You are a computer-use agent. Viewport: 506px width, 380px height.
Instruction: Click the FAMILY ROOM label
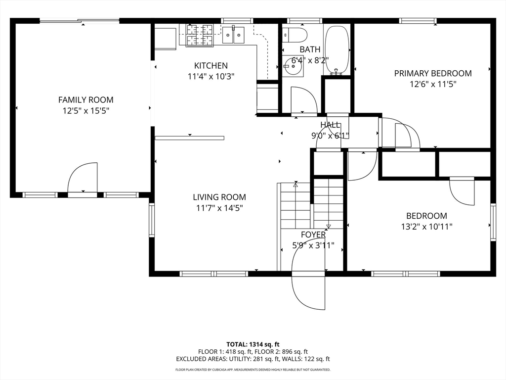(x=86, y=100)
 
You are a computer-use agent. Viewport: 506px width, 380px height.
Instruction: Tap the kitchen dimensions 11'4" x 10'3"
(x=211, y=77)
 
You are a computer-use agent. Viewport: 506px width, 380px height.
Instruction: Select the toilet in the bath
(x=295, y=35)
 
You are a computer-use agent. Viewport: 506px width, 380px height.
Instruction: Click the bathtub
(x=337, y=50)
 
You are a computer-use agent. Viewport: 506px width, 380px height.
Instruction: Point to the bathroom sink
(x=293, y=66)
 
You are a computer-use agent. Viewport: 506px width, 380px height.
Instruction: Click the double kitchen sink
(x=233, y=35)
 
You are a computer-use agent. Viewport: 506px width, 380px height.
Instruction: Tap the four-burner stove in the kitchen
(x=200, y=35)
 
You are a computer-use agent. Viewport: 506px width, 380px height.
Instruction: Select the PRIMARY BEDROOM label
(x=433, y=73)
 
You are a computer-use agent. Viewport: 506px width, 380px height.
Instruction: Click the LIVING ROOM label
(x=219, y=197)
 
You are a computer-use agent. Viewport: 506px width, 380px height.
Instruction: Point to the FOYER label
(x=313, y=235)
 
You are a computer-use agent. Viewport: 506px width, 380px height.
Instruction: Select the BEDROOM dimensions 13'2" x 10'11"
(x=426, y=227)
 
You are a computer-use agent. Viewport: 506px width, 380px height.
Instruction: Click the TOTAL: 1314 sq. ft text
(x=253, y=344)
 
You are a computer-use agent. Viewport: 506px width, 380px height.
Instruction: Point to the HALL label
(x=330, y=125)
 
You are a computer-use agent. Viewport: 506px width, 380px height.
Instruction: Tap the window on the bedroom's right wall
(x=493, y=222)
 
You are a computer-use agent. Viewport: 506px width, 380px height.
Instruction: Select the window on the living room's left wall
(x=152, y=220)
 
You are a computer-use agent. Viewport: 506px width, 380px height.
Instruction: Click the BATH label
(x=310, y=49)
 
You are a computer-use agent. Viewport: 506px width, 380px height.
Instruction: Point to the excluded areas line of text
(x=253, y=359)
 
